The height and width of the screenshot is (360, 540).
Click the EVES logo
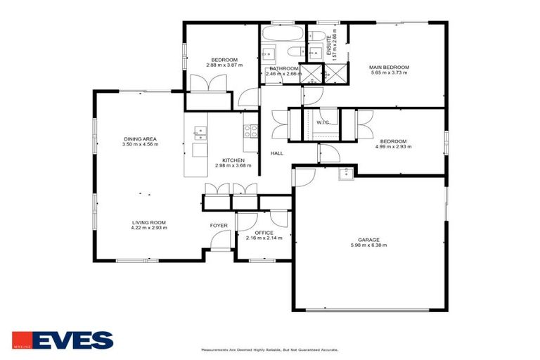[x=63, y=340]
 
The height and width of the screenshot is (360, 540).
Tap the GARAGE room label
[x=369, y=239]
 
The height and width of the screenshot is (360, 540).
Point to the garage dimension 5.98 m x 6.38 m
[x=369, y=245]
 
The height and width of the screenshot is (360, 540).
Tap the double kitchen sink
[x=199, y=130]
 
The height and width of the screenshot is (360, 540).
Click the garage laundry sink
[x=345, y=174]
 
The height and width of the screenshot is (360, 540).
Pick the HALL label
[x=277, y=153]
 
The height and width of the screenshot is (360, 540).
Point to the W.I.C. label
[x=323, y=122]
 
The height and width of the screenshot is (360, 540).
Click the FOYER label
[x=219, y=225]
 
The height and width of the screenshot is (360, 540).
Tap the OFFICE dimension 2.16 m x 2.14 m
[x=264, y=238]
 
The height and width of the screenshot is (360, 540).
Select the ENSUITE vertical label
[x=328, y=42]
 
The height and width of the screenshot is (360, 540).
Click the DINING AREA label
[x=140, y=139]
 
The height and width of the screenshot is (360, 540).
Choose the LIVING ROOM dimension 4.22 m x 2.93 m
[x=148, y=228]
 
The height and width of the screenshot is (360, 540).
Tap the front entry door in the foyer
[x=220, y=247]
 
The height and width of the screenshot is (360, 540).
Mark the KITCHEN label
[x=233, y=160]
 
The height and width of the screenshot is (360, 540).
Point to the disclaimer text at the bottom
[x=269, y=349]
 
